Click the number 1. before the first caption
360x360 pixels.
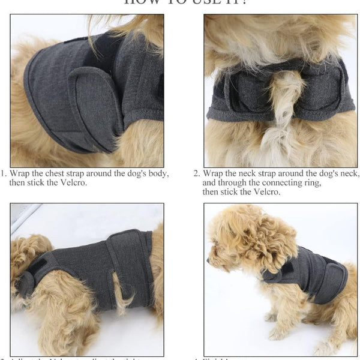3,174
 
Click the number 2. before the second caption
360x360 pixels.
196,174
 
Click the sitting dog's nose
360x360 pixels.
208,262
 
